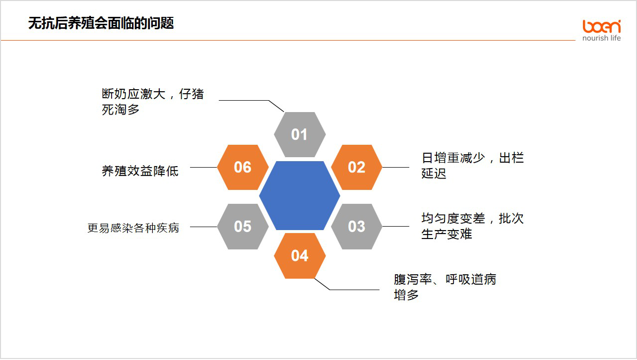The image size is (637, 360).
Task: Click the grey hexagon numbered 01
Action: pos(300,134)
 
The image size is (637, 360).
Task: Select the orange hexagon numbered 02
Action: pos(357,168)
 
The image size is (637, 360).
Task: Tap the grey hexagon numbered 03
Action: pos(357,227)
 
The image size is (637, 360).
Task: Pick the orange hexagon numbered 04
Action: pos(300,256)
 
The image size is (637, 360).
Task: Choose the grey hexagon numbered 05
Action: pos(243,227)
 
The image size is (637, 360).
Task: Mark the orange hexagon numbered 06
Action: pos(243,168)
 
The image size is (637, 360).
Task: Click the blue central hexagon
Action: pos(300,195)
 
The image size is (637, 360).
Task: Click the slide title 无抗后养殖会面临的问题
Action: pos(101,23)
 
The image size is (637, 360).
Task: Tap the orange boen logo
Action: pos(601,26)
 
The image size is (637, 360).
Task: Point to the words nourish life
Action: pos(601,38)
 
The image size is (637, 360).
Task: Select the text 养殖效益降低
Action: pos(140,171)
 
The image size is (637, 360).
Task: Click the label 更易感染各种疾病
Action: pos(133,228)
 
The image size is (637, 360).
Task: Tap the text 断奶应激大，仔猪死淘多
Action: pos(153,102)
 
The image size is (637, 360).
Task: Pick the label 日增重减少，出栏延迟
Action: pos(472,165)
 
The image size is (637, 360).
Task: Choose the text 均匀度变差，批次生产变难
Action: pos(472,226)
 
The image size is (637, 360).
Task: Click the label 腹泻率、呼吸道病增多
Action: pos(445,287)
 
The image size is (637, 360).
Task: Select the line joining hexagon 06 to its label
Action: pos(203,168)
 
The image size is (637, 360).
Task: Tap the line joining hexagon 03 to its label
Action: pos(396,227)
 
